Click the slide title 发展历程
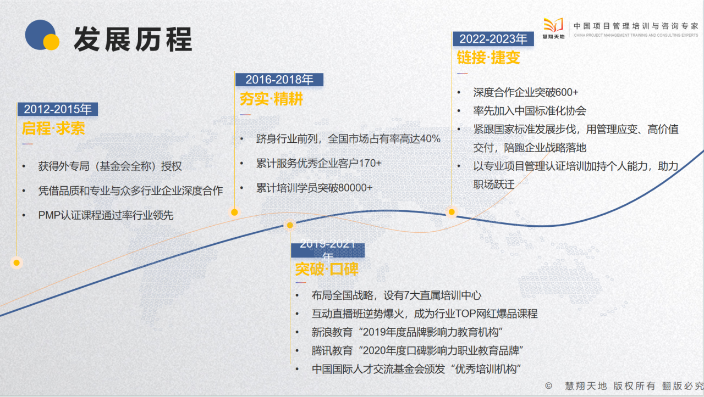133,38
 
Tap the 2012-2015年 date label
58,109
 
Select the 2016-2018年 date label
279,80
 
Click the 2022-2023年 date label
493,38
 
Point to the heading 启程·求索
53,128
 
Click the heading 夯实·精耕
271,99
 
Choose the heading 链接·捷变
488,58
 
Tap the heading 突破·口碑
327,269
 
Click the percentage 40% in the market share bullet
430,139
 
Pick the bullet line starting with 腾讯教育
416,350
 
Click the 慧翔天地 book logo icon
553,25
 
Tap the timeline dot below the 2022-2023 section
452,212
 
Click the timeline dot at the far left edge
16,262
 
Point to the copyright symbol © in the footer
548,385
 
